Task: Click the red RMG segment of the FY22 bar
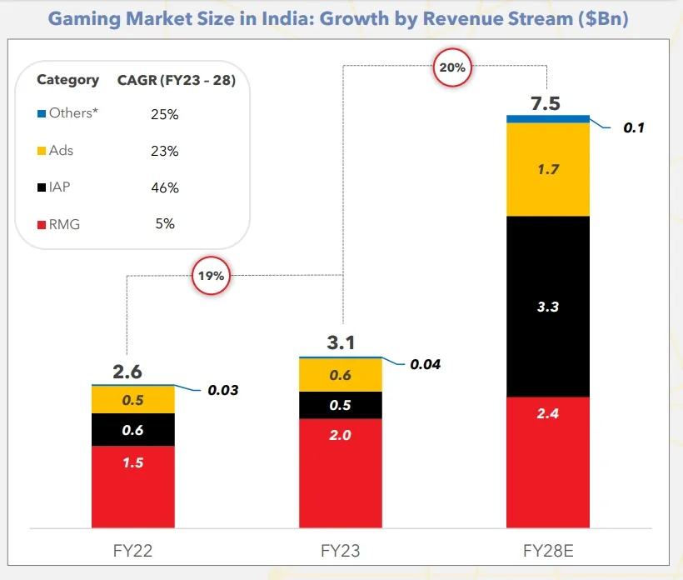[x=133, y=486]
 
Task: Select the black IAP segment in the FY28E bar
[x=548, y=306]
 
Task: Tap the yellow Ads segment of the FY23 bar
[x=341, y=375]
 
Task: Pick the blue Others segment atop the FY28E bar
[x=548, y=118]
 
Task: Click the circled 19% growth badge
[x=211, y=276]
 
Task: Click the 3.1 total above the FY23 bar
[x=341, y=342]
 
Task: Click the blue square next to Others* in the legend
[x=42, y=113]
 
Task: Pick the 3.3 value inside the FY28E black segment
[x=548, y=307]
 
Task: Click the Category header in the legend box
[x=67, y=80]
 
